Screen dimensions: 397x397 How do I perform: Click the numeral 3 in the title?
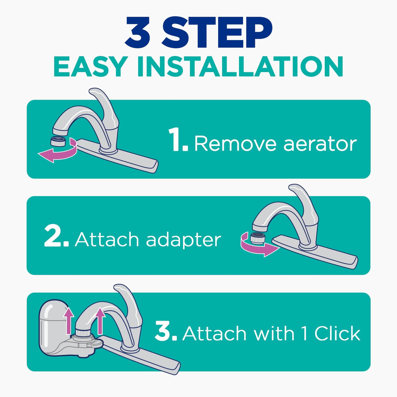click(138, 33)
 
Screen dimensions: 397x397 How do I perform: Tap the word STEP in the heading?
click(217, 33)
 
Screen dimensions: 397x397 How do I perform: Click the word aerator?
click(320, 144)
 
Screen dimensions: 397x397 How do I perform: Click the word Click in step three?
click(337, 334)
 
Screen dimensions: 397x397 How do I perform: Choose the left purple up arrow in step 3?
click(68, 320)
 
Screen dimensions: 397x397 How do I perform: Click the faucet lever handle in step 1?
click(106, 107)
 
